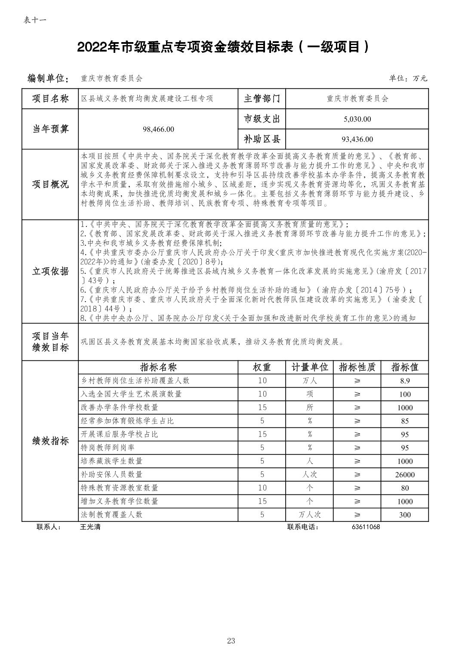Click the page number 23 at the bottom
[x=231, y=641]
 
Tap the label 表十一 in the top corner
[x=35, y=20]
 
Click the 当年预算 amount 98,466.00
[x=158, y=129]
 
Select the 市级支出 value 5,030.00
[x=357, y=119]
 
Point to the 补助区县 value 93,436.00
[x=357, y=139]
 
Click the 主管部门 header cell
[x=262, y=98]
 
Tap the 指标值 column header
[x=404, y=367]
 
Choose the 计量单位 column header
[x=310, y=367]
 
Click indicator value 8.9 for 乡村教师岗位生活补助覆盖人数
[x=404, y=381]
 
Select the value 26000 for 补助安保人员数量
[x=404, y=475]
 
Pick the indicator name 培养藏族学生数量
[x=111, y=461]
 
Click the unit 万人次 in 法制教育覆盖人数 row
[x=310, y=515]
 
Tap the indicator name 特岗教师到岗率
[x=108, y=448]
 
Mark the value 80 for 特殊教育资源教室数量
[x=404, y=488]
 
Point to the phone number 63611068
[x=366, y=527]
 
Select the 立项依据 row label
[x=50, y=271]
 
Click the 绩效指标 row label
[x=50, y=441]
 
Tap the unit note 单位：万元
[x=408, y=78]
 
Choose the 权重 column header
[x=262, y=367]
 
